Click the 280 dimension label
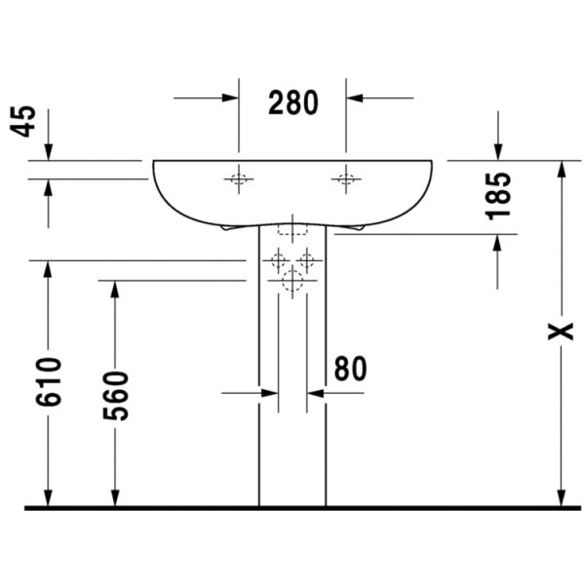(293, 101)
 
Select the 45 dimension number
(25, 120)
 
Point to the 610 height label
(49, 381)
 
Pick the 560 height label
(116, 395)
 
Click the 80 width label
(350, 368)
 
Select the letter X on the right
(560, 331)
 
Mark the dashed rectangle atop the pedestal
(292, 230)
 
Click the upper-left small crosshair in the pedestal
(279, 260)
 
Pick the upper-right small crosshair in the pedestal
(306, 260)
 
